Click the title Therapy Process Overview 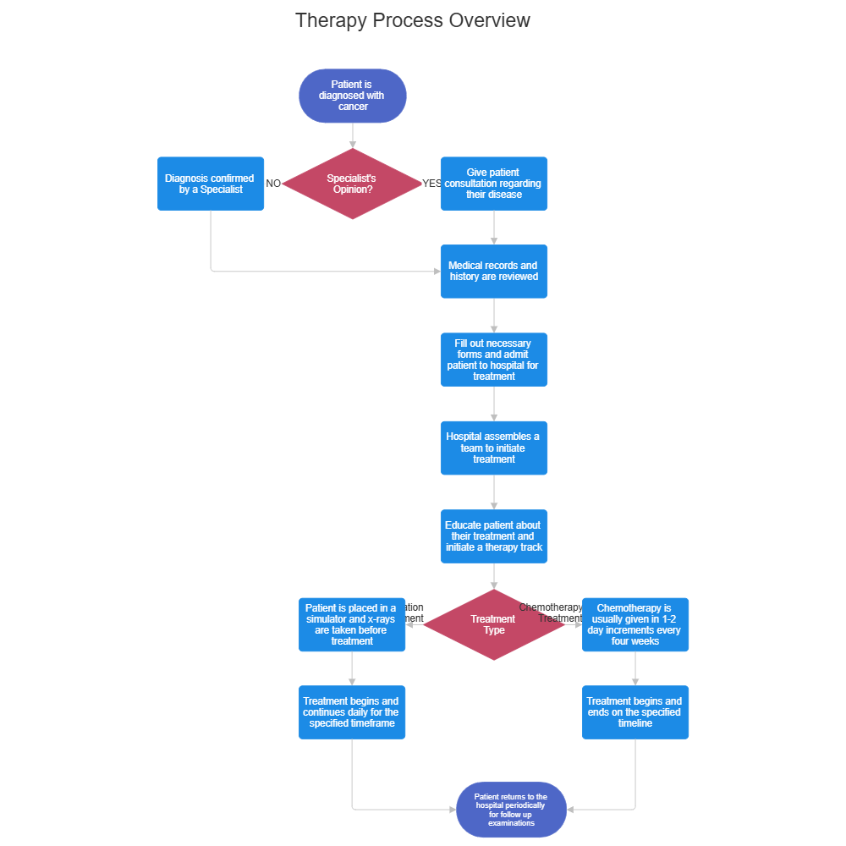(413, 20)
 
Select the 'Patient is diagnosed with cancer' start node (353, 96)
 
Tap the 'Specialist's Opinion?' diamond (352, 184)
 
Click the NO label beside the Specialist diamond (273, 184)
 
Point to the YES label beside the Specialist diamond (431, 184)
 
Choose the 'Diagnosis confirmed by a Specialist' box (211, 184)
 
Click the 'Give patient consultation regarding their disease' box (493, 184)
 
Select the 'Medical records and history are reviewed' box (493, 272)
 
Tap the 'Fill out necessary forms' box (493, 360)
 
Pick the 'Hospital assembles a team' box (493, 448)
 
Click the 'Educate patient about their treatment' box (493, 536)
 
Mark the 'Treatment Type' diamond (493, 625)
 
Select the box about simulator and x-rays (352, 625)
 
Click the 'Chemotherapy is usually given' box (635, 625)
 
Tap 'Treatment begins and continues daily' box (352, 712)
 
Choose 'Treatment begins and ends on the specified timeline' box (635, 712)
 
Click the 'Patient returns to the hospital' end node (510, 810)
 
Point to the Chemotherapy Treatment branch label (552, 613)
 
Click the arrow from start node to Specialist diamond (353, 135)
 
